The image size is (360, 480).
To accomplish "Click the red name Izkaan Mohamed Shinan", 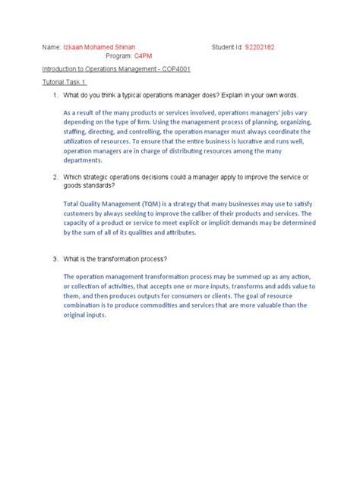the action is (99, 47).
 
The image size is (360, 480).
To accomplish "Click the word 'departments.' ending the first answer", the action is (82, 161).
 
